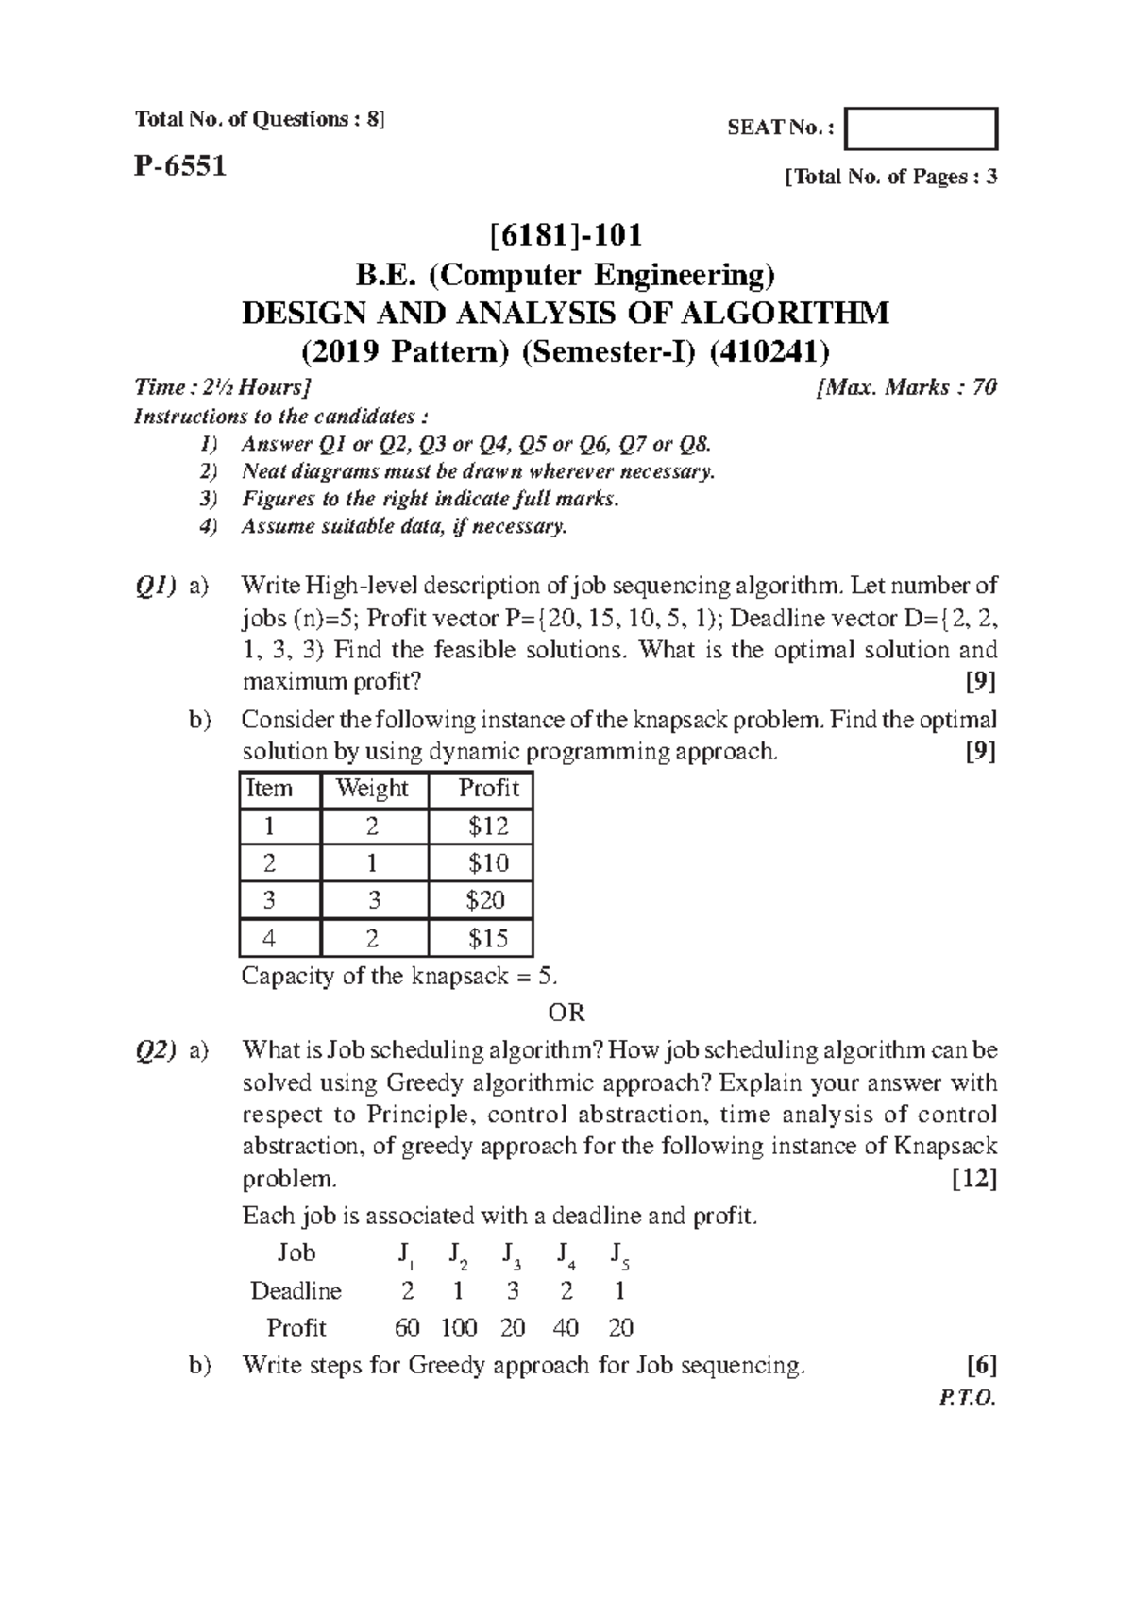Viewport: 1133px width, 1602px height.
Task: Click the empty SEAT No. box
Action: tap(921, 129)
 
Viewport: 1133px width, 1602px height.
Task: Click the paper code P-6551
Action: tap(179, 167)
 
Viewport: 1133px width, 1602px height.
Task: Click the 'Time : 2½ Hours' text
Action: tap(223, 387)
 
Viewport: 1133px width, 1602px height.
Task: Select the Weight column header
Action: tap(373, 789)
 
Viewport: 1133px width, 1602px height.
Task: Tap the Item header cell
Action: tap(269, 789)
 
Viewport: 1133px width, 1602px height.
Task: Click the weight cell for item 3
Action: tap(374, 900)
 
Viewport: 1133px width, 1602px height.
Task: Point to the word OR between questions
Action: tap(566, 1014)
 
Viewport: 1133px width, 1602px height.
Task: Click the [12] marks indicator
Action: tap(974, 1180)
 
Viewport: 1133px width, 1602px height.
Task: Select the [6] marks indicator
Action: tap(982, 1365)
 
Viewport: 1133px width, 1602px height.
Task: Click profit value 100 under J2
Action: tap(459, 1328)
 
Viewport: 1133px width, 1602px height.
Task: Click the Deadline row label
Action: tap(296, 1291)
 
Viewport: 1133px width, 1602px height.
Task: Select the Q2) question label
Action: tap(154, 1050)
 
